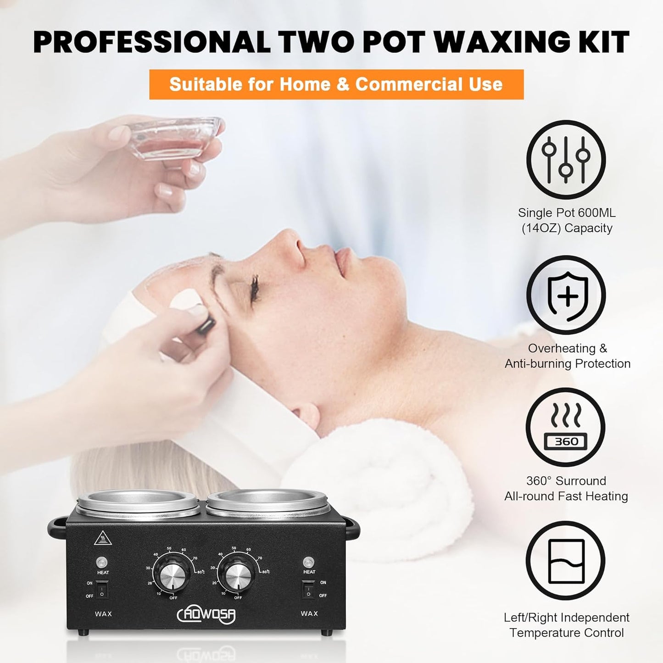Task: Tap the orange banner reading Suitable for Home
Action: pos(336,84)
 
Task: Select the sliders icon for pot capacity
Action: pos(566,160)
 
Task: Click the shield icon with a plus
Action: pos(566,295)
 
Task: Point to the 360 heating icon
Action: pos(566,427)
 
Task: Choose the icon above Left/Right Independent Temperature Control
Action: pos(566,560)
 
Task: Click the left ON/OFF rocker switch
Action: pos(102,589)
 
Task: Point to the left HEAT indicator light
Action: pos(102,562)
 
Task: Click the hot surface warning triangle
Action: pos(103,538)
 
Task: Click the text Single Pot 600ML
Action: pos(567,213)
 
